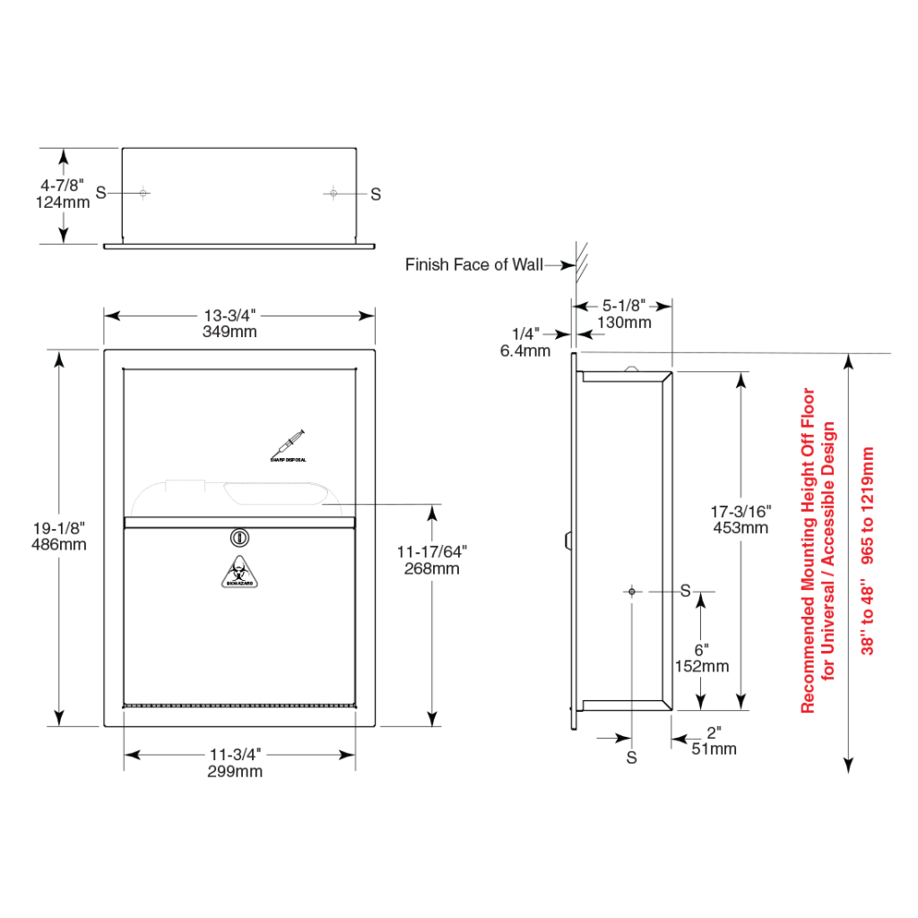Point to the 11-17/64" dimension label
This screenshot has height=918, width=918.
(432, 552)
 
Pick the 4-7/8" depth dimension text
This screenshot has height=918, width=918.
(63, 186)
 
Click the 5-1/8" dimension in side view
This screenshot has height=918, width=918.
(624, 306)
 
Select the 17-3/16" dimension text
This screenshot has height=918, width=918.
(740, 511)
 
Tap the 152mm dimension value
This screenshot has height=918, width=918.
(701, 666)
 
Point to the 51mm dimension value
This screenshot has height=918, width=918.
(714, 749)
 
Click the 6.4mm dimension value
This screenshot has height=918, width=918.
(525, 351)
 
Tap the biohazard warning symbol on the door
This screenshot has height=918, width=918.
(239, 574)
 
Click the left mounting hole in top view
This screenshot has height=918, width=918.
(143, 193)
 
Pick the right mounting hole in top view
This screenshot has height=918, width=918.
(333, 193)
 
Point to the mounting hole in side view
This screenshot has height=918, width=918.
(633, 592)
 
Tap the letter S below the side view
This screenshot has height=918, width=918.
(632, 758)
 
